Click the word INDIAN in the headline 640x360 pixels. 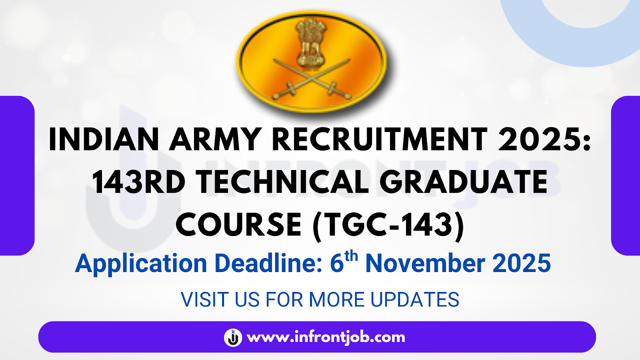tap(104, 139)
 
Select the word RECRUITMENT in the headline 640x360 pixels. tap(380, 139)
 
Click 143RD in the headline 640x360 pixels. tap(139, 182)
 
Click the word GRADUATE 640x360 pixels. tap(464, 182)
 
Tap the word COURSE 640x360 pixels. tap(238, 225)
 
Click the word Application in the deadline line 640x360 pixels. tap(141, 264)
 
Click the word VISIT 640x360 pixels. tap(205, 300)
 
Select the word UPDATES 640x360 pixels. tap(415, 300)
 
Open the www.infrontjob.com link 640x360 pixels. tap(326, 338)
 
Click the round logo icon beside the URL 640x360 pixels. tap(233, 338)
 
